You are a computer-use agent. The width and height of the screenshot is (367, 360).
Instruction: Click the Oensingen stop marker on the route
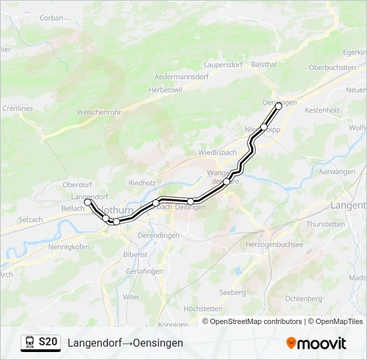coord(279,106)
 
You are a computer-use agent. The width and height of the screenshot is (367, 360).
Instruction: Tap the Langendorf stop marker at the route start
coord(87,201)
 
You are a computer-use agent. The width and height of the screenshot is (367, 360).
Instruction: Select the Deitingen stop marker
coord(191,201)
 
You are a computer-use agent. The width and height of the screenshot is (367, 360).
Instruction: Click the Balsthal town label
coord(264,64)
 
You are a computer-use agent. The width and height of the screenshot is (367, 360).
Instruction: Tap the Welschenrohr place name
coord(99,113)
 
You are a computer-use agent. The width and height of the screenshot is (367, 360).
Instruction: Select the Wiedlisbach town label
coord(218,152)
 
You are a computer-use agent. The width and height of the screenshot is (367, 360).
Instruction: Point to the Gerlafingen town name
coord(144,271)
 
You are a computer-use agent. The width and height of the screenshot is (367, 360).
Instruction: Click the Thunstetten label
coord(326,224)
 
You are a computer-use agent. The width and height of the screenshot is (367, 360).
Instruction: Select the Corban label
coord(51,19)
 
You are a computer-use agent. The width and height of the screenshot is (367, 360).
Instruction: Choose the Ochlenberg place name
coord(304,298)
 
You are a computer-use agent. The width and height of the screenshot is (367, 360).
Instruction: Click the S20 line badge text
coord(47,342)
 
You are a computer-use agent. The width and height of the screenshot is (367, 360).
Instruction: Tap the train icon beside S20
coord(30,343)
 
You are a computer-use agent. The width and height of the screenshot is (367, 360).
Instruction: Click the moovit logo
coord(316,343)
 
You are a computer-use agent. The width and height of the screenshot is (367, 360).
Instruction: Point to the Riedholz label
coord(141,182)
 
